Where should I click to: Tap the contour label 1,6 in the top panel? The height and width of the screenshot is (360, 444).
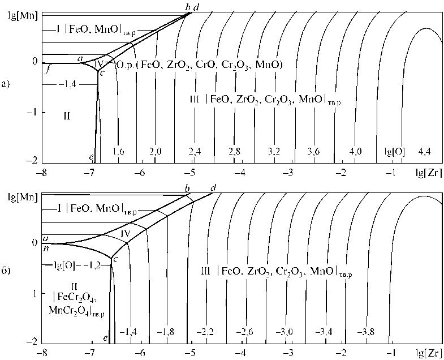coord(118,152)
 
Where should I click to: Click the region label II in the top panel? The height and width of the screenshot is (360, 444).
coord(66,116)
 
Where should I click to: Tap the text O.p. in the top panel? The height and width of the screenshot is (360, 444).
coord(124,65)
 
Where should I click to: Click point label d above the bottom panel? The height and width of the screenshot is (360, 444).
coord(213,187)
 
